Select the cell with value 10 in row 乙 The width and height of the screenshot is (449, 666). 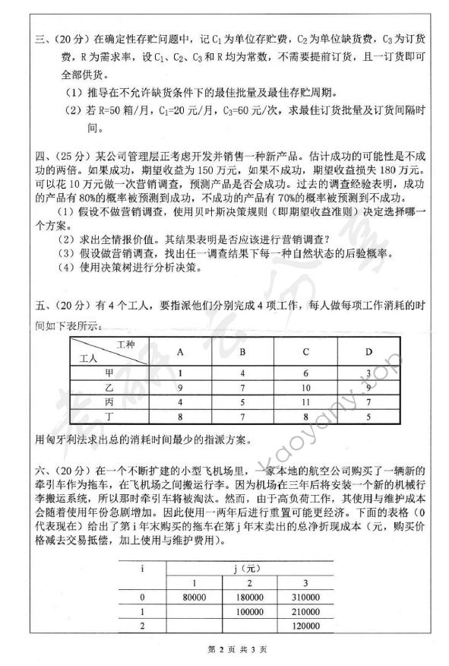coord(305,387)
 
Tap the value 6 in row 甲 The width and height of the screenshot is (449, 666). coord(305,373)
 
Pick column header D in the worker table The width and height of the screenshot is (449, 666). coord(368,351)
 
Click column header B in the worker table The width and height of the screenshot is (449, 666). coord(242,351)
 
